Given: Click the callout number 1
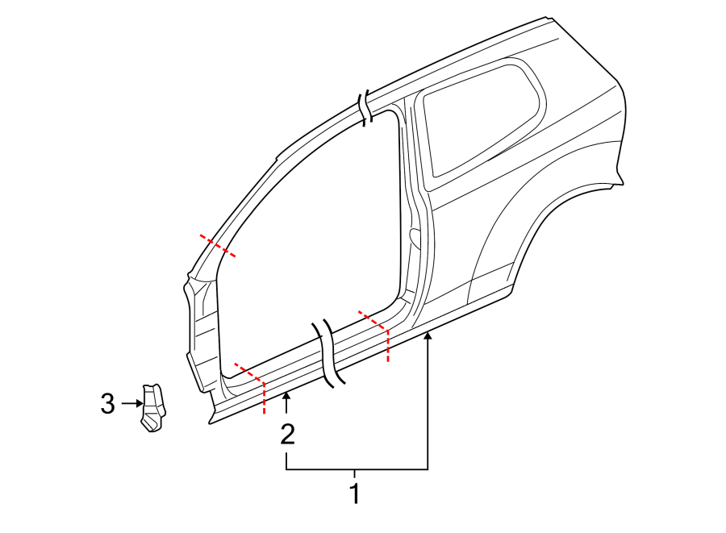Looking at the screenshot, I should coord(353,493).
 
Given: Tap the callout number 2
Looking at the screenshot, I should coord(287,435).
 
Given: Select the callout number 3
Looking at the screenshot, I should coord(108,403).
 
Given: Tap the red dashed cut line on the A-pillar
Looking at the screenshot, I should coord(218,245).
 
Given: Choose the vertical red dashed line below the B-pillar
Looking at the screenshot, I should coord(388,345).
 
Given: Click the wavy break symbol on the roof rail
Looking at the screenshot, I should coord(366,107).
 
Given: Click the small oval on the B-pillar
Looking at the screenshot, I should coord(415,237).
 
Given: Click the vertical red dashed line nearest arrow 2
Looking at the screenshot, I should coord(264,398).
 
